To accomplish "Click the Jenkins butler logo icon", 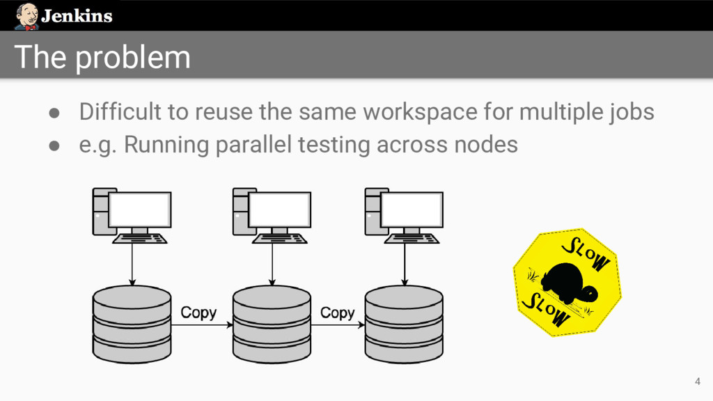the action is [x=26, y=15].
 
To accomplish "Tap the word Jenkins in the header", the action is [x=77, y=16].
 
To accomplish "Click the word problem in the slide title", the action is [x=133, y=57].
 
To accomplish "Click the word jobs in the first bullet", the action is [x=629, y=111].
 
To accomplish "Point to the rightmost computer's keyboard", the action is [x=412, y=238].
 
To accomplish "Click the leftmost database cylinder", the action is [x=132, y=323].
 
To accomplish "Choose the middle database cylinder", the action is [x=272, y=323].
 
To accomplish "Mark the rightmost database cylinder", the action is [x=404, y=323].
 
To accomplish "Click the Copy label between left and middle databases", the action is [x=198, y=313].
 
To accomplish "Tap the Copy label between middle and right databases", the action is [x=338, y=313].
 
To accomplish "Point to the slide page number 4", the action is [x=697, y=381].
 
